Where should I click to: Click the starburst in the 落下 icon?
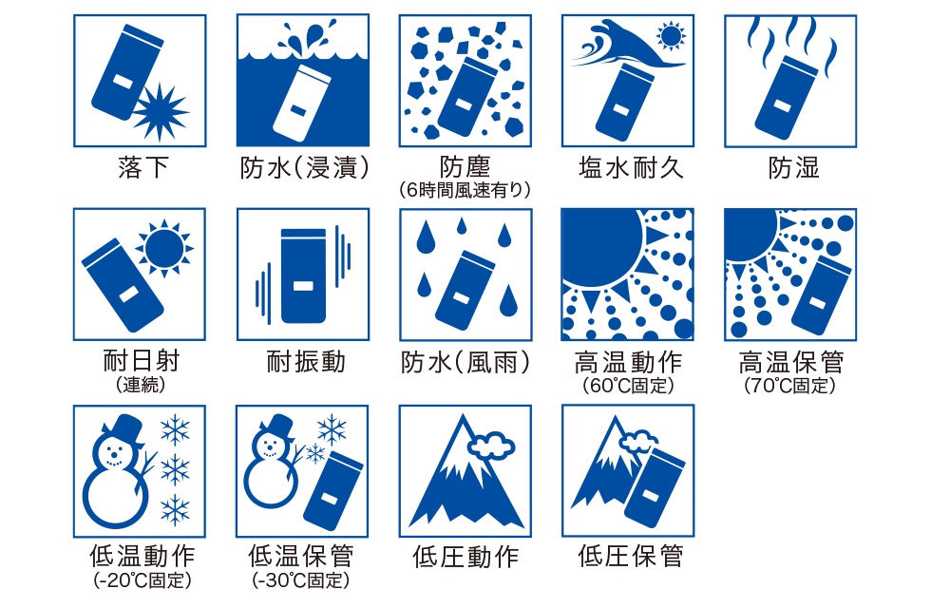(x=160, y=112)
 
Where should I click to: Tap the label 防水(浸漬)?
(x=305, y=168)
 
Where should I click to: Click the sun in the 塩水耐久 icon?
(x=671, y=37)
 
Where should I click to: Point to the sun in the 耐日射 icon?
(x=163, y=248)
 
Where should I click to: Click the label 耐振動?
(x=305, y=361)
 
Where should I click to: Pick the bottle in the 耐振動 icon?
(x=303, y=275)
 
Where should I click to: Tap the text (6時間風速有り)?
(x=465, y=190)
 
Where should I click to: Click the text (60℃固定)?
(x=628, y=386)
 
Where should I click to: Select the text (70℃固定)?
(x=789, y=386)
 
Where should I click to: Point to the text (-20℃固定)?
(x=142, y=579)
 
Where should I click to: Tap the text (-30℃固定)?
(x=301, y=579)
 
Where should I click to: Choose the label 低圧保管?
(x=629, y=557)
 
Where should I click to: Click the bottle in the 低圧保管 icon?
(x=655, y=486)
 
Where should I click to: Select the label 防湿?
(x=793, y=168)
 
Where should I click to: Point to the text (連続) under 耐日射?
(x=141, y=386)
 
